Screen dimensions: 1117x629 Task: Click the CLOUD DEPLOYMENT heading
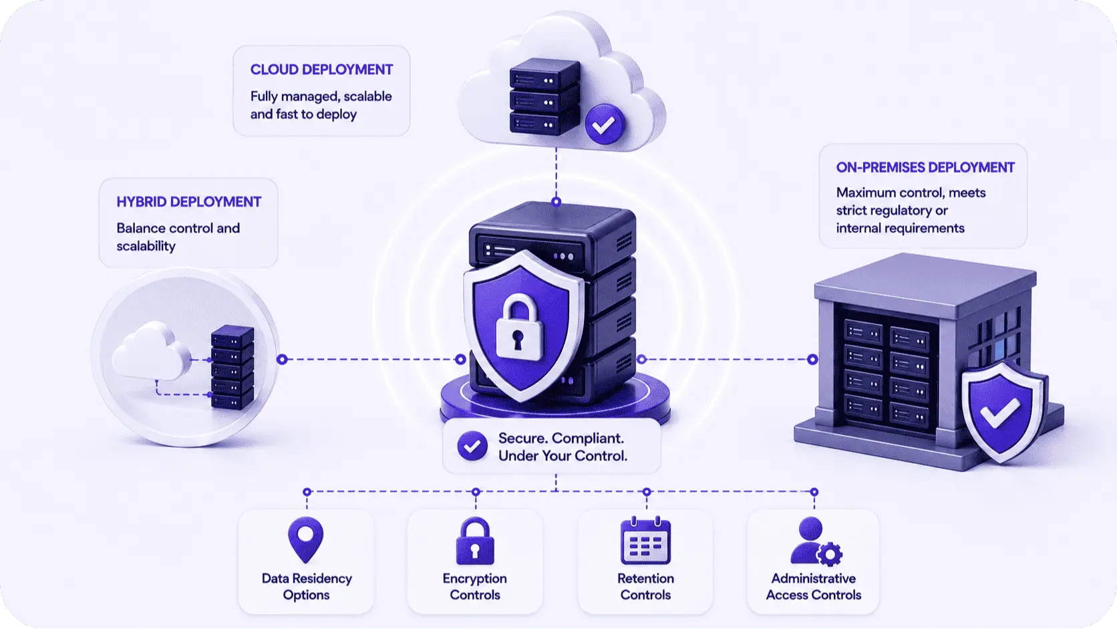[321, 70]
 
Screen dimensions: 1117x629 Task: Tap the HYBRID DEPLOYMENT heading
[189, 201]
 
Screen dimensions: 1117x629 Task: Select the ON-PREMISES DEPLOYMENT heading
[925, 167]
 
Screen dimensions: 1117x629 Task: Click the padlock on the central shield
[518, 327]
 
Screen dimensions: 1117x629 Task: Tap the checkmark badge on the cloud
[605, 124]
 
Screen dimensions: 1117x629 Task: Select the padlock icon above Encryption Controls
[475, 541]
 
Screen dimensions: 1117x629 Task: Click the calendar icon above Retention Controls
[646, 541]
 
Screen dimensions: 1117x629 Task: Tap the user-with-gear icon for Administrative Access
[816, 541]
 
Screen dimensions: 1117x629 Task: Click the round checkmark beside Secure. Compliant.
[472, 445]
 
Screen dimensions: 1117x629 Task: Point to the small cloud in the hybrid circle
[150, 350]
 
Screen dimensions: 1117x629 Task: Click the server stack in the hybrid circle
[232, 367]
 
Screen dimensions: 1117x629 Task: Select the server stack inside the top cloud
[544, 96]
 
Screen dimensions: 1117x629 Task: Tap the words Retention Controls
[646, 587]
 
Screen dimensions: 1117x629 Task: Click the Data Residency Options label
[307, 587]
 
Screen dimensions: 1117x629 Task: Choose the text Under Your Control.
[563, 456]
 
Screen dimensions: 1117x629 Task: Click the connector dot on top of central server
[556, 201]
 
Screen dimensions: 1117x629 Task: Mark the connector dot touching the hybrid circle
[282, 359]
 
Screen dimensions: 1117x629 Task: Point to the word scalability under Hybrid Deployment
[146, 246]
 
